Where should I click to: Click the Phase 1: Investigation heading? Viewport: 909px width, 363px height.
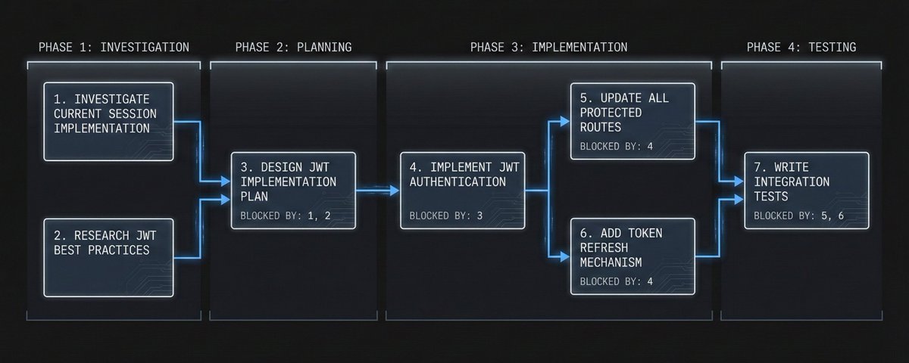(114, 47)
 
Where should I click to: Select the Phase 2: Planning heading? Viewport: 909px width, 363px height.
(293, 47)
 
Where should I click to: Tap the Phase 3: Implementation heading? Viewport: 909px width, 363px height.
(548, 47)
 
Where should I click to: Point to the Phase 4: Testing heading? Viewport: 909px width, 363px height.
(801, 47)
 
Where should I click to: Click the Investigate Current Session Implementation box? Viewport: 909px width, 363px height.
(108, 121)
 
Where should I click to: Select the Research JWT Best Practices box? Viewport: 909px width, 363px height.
(108, 257)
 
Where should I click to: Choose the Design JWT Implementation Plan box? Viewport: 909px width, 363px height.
(293, 190)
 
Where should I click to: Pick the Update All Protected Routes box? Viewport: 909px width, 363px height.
(632, 121)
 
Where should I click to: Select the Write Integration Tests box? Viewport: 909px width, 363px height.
(805, 190)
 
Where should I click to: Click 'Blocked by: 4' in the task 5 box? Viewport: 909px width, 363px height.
(616, 147)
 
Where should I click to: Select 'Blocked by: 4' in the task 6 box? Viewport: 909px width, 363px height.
(616, 283)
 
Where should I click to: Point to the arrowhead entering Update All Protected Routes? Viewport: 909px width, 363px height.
(565, 120)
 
